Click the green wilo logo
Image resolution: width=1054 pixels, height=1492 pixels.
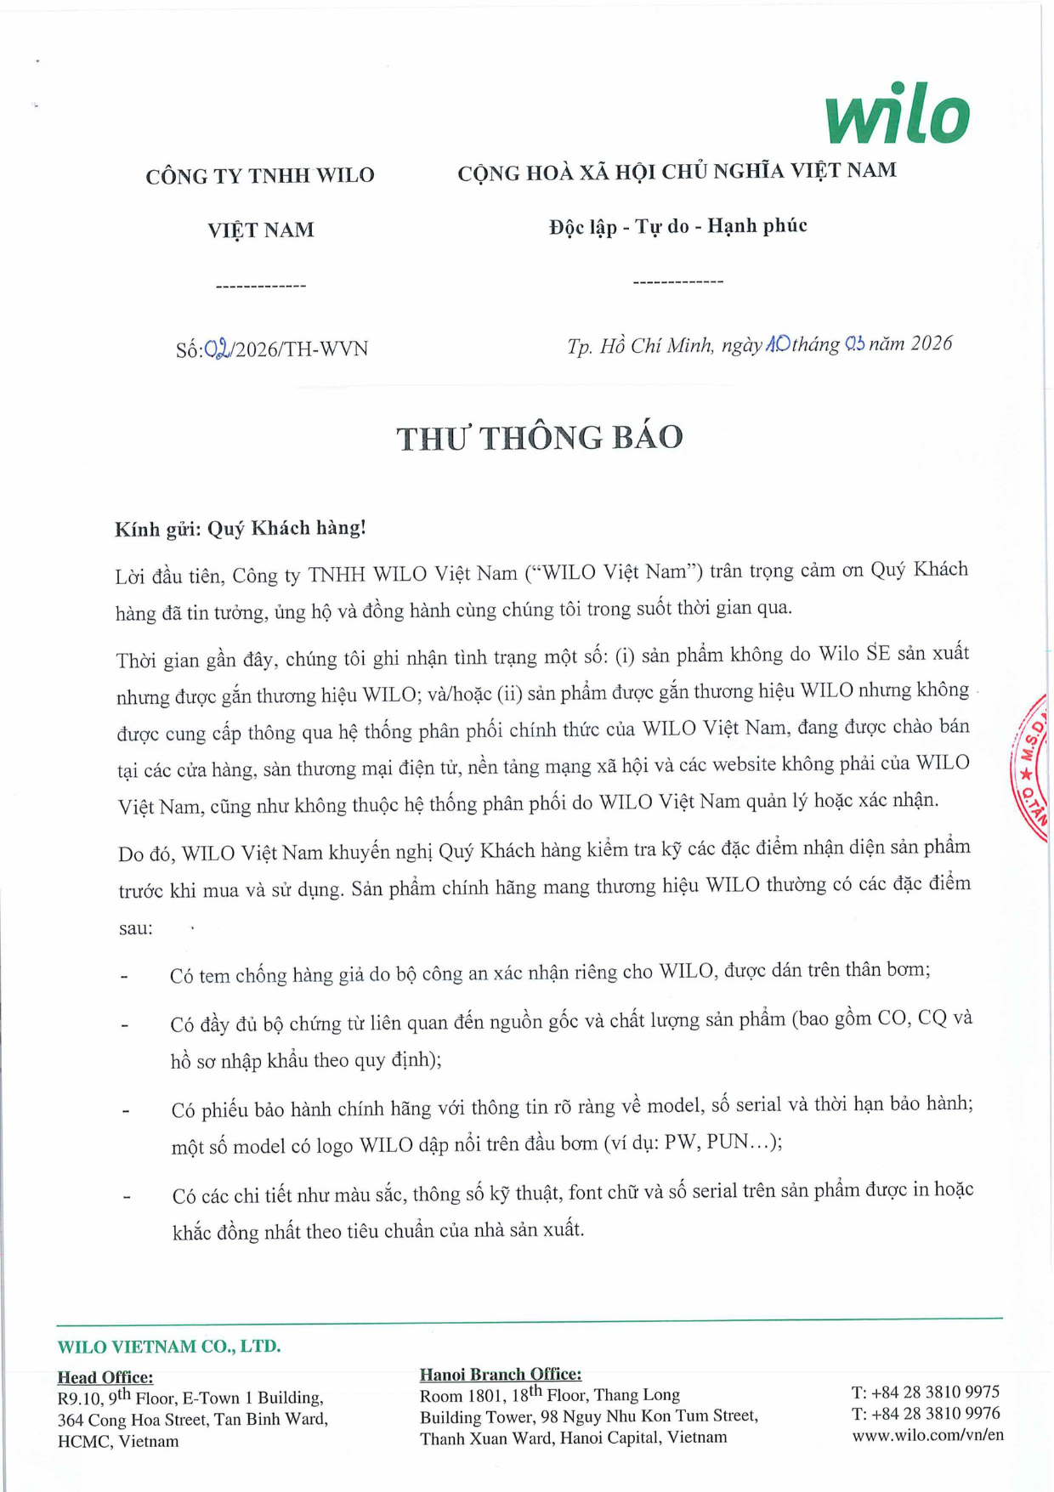pos(897,114)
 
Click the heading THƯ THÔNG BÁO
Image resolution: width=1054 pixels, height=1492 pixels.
pos(540,438)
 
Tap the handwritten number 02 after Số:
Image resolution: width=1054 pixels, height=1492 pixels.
pos(218,349)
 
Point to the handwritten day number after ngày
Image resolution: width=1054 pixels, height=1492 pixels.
pos(778,344)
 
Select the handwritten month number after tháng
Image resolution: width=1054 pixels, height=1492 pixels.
pos(854,344)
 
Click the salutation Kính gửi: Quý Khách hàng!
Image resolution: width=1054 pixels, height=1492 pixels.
pos(241,529)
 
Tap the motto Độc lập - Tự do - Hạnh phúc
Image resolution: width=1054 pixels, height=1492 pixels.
pos(677,226)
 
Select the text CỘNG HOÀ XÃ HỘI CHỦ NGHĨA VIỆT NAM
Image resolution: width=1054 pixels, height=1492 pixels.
pos(677,172)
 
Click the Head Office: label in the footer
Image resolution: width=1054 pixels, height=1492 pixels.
pos(105,1376)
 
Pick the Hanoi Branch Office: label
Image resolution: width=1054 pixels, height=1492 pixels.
pos(501,1374)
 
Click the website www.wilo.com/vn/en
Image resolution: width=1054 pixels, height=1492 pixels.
pos(927,1435)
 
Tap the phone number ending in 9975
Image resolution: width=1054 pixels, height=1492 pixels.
pos(926,1392)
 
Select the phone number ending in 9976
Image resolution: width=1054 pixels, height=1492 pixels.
pos(926,1413)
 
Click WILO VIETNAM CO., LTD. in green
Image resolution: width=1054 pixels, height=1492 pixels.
pos(169,1347)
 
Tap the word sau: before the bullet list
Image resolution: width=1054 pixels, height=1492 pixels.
pos(136,928)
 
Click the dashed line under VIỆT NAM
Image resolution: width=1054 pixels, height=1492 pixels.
pos(261,286)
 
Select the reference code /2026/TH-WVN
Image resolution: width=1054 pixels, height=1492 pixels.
pos(300,349)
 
